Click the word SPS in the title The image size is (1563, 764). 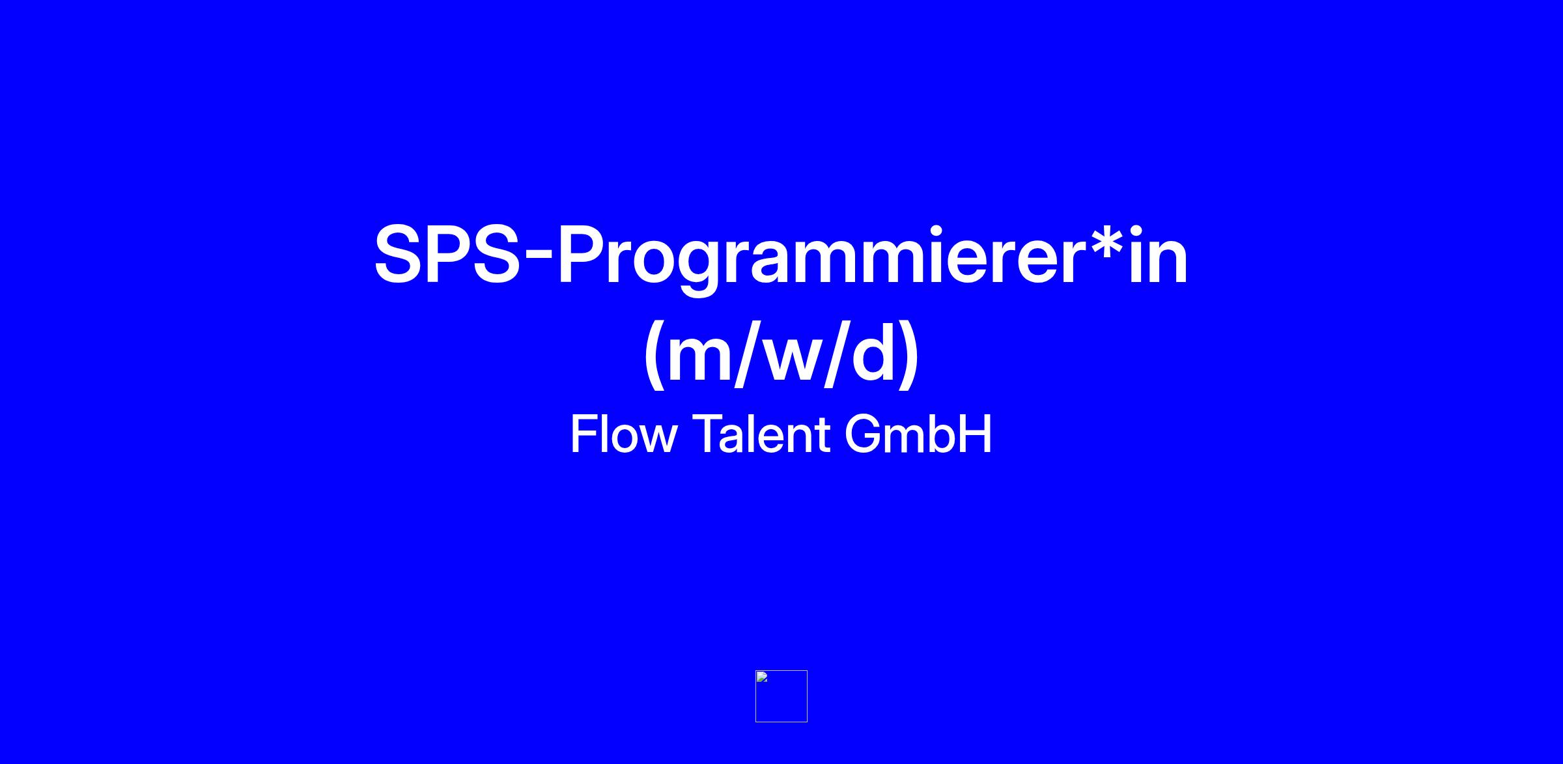coord(447,255)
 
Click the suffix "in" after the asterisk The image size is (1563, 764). coord(1159,255)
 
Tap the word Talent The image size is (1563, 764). coord(761,434)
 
